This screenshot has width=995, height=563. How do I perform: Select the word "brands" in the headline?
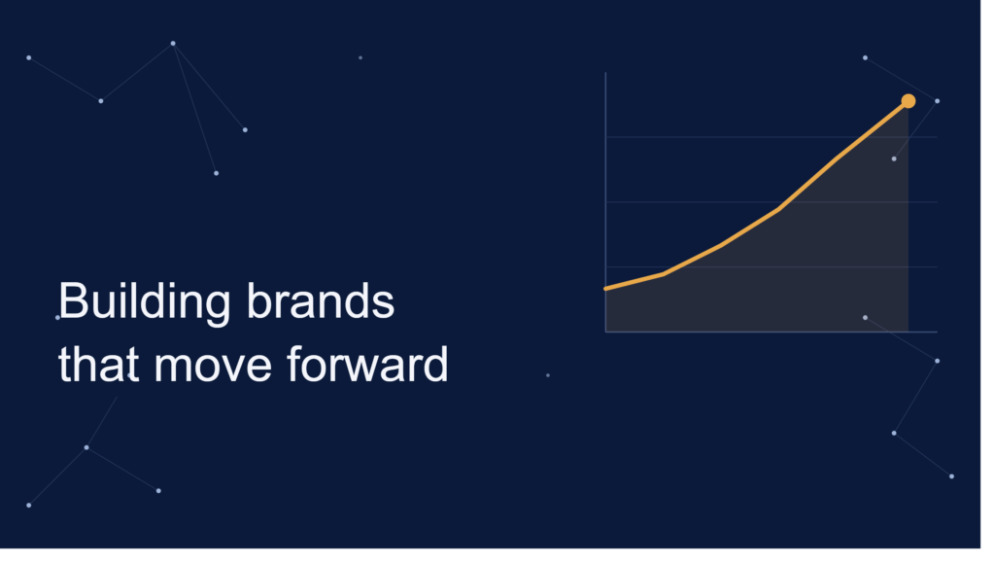[321, 300]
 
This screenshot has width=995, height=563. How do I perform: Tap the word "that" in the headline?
[98, 365]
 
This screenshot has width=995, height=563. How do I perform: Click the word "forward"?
[367, 365]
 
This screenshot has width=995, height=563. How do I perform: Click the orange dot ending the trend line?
[909, 101]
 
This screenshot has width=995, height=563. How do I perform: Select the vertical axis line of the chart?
[606, 202]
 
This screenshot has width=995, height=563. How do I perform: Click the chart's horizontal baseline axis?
[772, 332]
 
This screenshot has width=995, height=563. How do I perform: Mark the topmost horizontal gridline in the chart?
[772, 137]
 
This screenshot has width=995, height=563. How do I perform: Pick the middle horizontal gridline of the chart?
[772, 202]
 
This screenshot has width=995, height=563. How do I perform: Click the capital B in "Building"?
[73, 300]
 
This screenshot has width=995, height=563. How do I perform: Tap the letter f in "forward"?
[294, 364]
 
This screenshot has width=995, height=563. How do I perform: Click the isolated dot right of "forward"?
[548, 375]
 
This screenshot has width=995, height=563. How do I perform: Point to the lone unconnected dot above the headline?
[360, 57]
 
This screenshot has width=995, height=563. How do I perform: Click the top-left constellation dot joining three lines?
[173, 44]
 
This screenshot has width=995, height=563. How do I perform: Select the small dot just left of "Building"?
[57, 317]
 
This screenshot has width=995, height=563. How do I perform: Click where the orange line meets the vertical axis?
[606, 289]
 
